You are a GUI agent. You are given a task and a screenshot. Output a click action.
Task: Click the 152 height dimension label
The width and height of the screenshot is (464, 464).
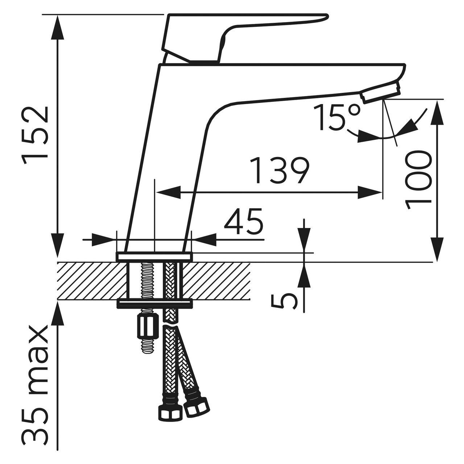click(35, 136)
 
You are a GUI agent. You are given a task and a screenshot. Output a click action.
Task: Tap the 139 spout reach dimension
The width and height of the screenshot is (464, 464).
click(279, 170)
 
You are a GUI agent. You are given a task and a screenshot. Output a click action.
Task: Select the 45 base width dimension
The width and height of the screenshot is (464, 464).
click(243, 221)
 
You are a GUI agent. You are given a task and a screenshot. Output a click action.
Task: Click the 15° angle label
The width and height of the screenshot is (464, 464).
click(337, 117)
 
